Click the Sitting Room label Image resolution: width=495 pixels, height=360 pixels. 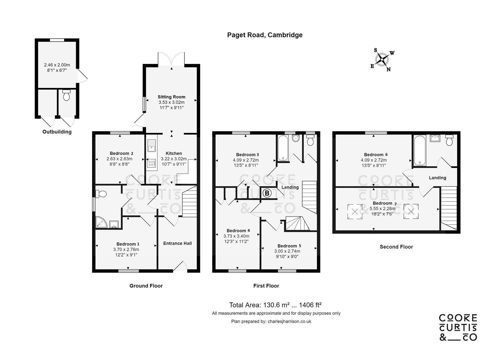pyautogui.click(x=171, y=97)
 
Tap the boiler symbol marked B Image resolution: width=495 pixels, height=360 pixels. pyautogui.click(x=267, y=193)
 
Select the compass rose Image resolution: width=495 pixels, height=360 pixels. pyautogui.click(x=382, y=59)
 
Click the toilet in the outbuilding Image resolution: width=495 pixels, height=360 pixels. pyautogui.click(x=66, y=95)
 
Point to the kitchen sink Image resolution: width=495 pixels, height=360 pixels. pyautogui.click(x=151, y=146)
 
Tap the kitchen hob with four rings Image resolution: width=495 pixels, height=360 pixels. pyautogui.click(x=151, y=164)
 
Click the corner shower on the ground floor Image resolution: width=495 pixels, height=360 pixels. pyautogui.click(x=101, y=222)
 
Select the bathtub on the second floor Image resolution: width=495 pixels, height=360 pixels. pyautogui.click(x=420, y=150)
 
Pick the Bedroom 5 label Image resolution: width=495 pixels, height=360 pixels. pyautogui.click(x=289, y=246)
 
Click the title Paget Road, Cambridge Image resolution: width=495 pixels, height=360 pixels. pyautogui.click(x=265, y=35)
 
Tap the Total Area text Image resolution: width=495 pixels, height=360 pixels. pyautogui.click(x=275, y=305)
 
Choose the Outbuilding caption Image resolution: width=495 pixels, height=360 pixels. pyautogui.click(x=57, y=132)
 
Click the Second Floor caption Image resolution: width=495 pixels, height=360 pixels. pyautogui.click(x=396, y=247)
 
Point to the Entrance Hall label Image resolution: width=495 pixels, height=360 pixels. pyautogui.click(x=177, y=243)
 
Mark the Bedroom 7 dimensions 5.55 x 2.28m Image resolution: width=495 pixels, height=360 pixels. pyautogui.click(x=383, y=208)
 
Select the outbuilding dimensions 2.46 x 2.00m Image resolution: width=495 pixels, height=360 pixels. pyautogui.click(x=57, y=65)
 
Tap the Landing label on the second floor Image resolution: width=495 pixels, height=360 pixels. pyautogui.click(x=437, y=178)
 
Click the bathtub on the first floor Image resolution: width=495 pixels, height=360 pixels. pyautogui.click(x=283, y=148)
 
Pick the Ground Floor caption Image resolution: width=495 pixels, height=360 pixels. pyautogui.click(x=146, y=286)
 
